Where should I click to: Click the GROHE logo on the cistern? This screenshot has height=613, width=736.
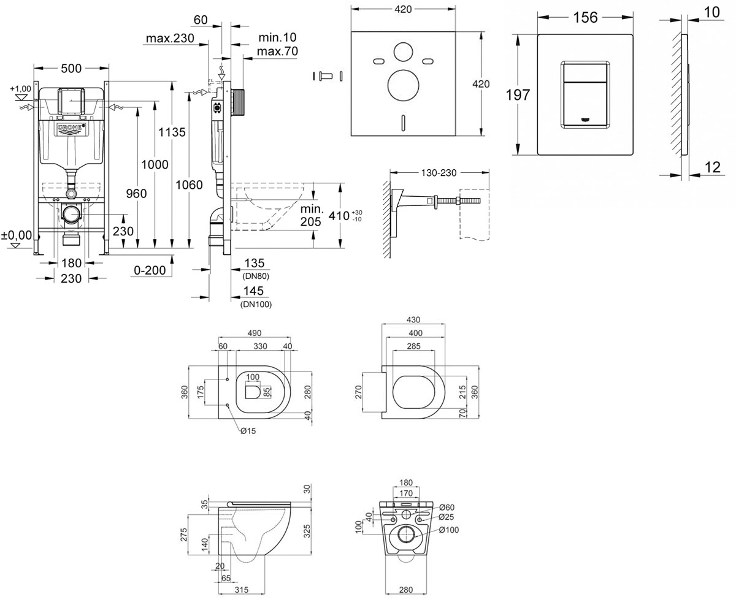point(71,129)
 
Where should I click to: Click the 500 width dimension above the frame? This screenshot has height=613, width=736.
point(71,68)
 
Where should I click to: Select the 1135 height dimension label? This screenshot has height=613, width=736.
point(172,132)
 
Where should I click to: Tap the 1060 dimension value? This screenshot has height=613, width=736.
point(190,185)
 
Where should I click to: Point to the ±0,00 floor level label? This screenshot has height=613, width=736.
point(16,235)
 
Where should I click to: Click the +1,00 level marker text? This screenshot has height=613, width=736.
point(20,88)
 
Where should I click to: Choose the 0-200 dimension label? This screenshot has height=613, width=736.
point(150,270)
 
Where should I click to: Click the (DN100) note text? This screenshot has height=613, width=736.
point(256,305)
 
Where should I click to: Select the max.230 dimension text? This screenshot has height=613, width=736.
point(170,38)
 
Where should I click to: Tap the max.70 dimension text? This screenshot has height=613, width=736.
point(277,51)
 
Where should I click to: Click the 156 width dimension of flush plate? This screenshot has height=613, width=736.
point(586,17)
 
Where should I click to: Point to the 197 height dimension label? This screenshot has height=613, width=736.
point(518,95)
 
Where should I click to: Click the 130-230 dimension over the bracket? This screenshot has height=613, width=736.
point(439,173)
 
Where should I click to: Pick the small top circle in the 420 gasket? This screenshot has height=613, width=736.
point(403,52)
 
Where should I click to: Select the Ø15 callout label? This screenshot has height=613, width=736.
point(248,431)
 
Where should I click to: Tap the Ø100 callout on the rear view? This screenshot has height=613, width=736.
point(449,530)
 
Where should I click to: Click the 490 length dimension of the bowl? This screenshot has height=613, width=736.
point(255,333)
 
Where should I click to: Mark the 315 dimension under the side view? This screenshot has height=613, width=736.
point(242,590)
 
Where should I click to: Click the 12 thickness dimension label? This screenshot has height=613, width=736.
point(712,167)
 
